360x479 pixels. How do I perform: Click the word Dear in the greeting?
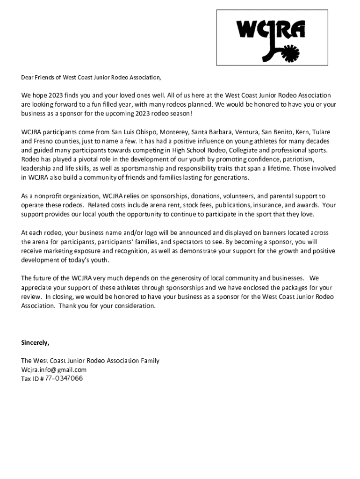[x=28, y=77]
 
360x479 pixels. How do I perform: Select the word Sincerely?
[x=35, y=343]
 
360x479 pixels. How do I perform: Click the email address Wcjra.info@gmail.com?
[x=54, y=370]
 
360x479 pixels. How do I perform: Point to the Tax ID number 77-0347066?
[x=64, y=378]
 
